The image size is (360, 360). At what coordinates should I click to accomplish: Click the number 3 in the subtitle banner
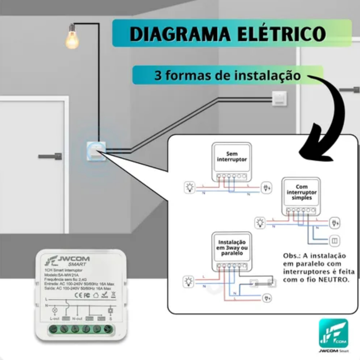tap(158, 75)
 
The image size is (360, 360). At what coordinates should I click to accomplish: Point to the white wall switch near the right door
tap(279, 98)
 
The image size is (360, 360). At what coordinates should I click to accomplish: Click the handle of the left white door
tap(51, 156)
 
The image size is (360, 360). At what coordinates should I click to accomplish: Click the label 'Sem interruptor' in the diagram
tap(232, 156)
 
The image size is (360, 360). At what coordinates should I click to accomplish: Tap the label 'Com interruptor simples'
tap(301, 192)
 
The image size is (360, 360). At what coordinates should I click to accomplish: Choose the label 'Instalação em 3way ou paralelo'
tap(232, 247)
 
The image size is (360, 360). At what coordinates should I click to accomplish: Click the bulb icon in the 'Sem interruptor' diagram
tap(189, 187)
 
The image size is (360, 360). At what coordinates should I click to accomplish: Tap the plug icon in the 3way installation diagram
tap(267, 298)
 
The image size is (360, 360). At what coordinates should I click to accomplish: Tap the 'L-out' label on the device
tap(54, 319)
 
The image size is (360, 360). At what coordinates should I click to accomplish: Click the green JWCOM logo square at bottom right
tap(333, 333)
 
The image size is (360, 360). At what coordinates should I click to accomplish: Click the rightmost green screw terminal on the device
tap(108, 329)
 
